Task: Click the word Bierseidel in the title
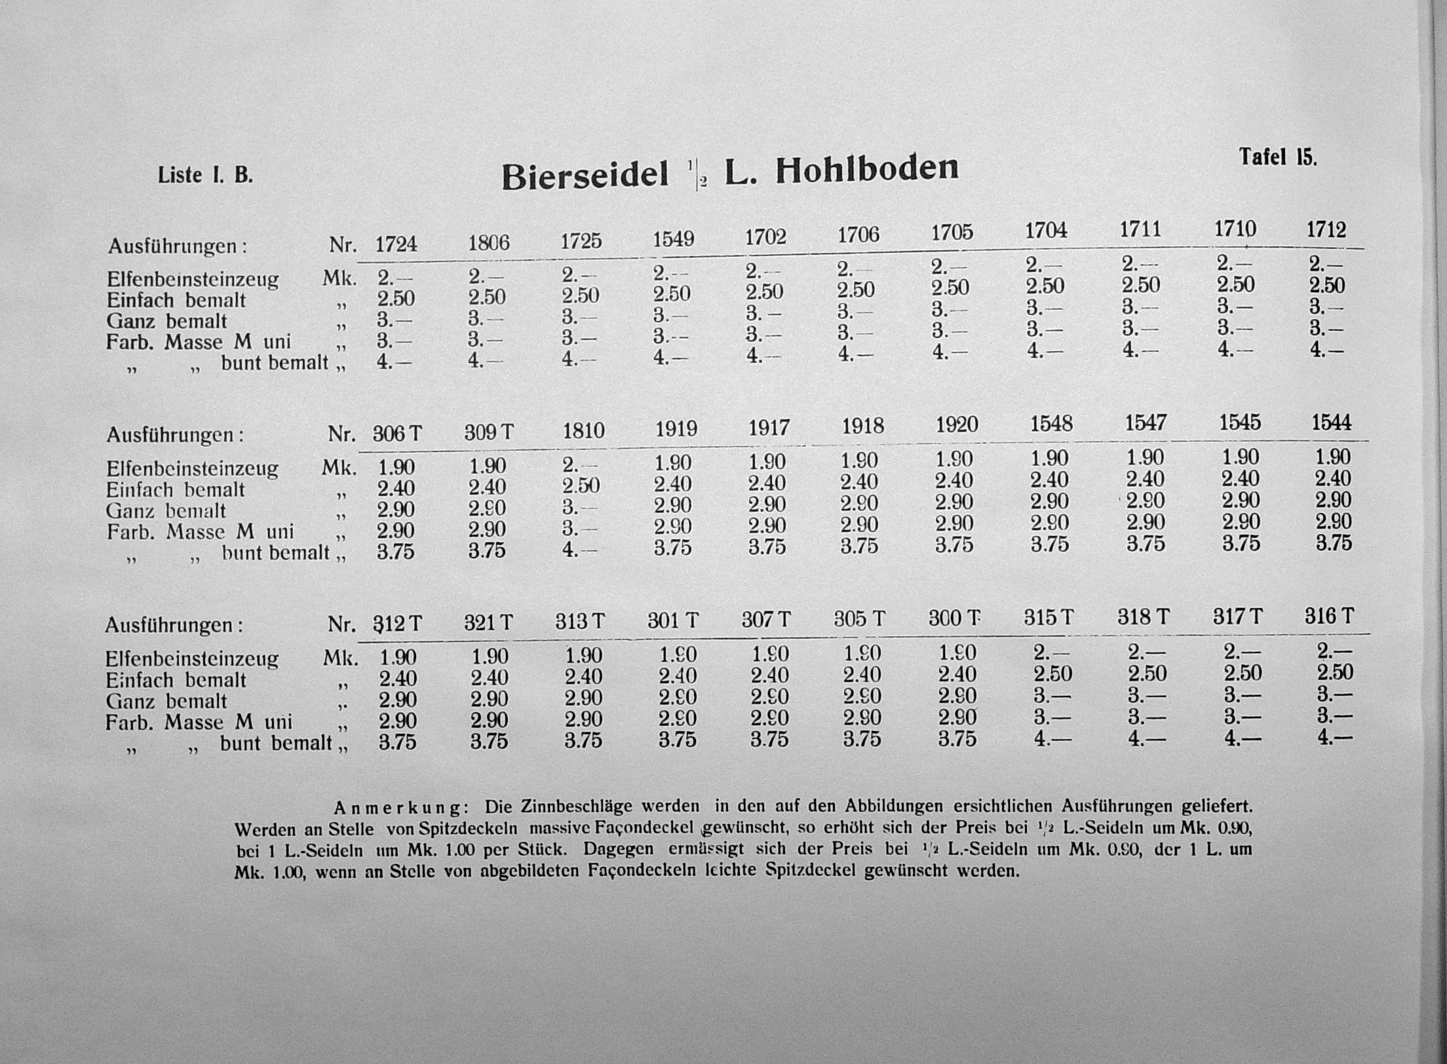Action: pyautogui.click(x=585, y=176)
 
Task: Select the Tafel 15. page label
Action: pyautogui.click(x=1277, y=157)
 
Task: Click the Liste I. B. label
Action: pyautogui.click(x=205, y=176)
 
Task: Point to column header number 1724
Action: pyautogui.click(x=396, y=244)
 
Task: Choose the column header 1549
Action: pyautogui.click(x=673, y=239)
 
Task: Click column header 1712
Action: pyautogui.click(x=1326, y=230)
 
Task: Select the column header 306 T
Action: pyautogui.click(x=397, y=434)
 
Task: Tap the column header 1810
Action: pyautogui.click(x=583, y=430)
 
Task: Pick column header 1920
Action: pyautogui.click(x=956, y=425)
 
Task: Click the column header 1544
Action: pyautogui.click(x=1331, y=423)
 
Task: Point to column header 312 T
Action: pyautogui.click(x=398, y=624)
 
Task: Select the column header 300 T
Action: pyautogui.click(x=954, y=618)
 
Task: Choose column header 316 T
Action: pyautogui.click(x=1328, y=616)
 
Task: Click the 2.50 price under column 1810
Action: pyautogui.click(x=581, y=485)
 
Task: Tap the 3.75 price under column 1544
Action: pyautogui.click(x=1334, y=543)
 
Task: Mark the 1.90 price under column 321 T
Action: pyautogui.click(x=490, y=656)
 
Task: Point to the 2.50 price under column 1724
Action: pyautogui.click(x=396, y=299)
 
